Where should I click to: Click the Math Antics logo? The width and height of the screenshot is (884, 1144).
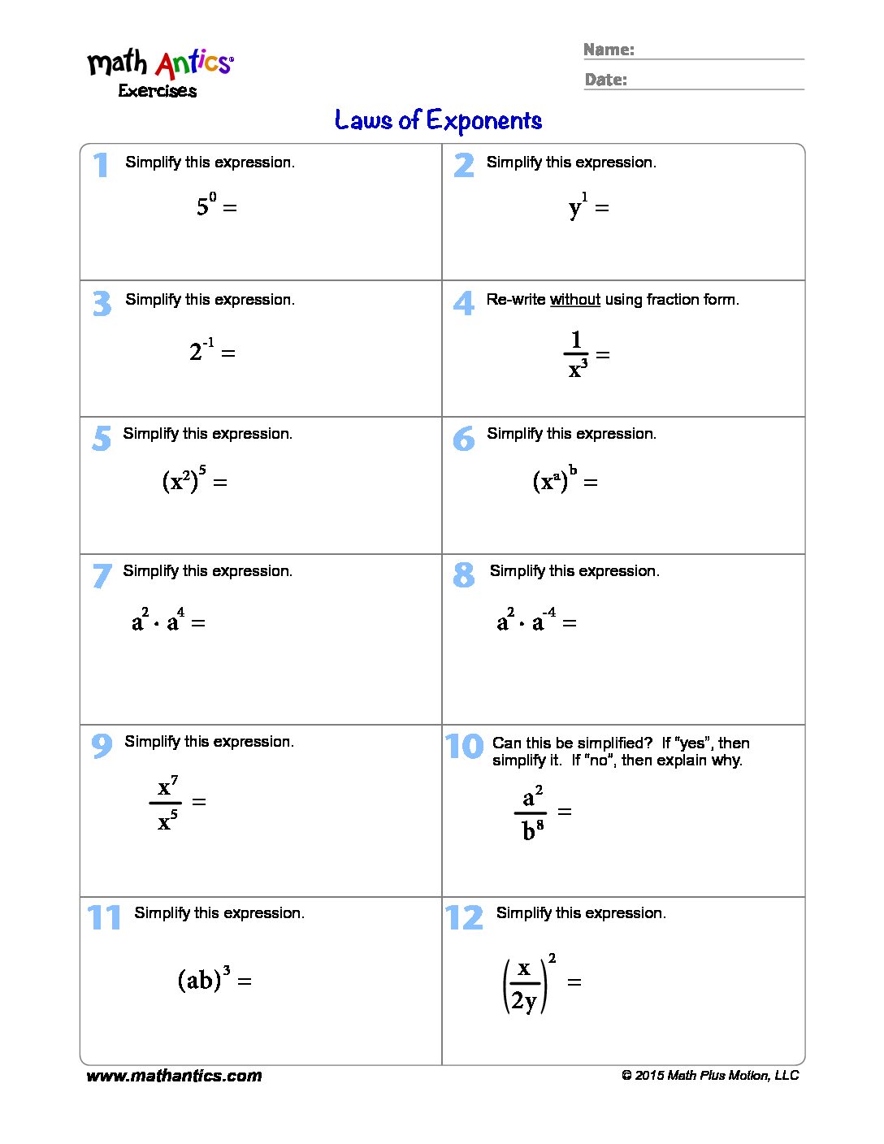160,64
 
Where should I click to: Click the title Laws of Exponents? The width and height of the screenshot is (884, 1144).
438,121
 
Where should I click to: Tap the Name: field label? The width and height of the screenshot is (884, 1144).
609,50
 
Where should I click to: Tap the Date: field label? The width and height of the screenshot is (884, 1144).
605,80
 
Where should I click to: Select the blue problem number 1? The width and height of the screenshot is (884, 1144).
101,165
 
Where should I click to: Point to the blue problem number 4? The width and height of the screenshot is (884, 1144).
463,303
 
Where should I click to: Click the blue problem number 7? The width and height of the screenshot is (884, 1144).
102,575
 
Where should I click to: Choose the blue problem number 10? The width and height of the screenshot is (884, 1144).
464,746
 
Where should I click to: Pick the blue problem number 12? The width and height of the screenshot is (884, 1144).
464,918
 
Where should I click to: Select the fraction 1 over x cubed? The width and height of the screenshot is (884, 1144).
576,354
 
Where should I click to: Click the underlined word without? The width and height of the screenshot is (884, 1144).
574,300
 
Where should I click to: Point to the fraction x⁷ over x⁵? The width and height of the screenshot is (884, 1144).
167,803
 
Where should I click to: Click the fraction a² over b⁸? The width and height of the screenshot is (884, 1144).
531,812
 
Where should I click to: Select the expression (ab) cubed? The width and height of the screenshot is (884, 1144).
203,979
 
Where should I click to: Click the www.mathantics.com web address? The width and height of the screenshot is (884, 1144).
174,1076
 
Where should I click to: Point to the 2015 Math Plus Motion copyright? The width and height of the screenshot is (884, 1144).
710,1076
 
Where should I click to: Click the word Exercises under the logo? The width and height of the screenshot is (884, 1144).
158,91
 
